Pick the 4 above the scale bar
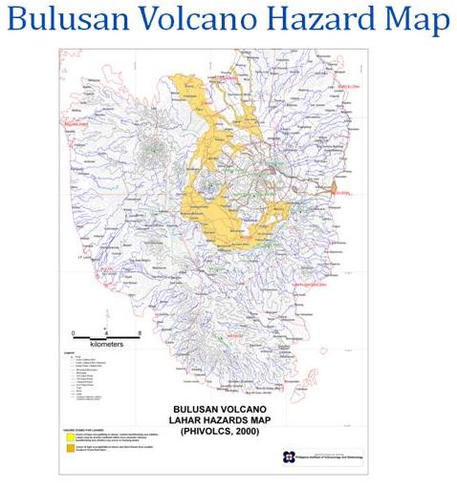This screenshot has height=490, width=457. pos(107,332)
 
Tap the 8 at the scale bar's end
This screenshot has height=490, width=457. pos(140,332)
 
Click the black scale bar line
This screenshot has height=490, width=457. pos(107,337)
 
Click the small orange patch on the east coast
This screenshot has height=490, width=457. pos(334,194)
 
